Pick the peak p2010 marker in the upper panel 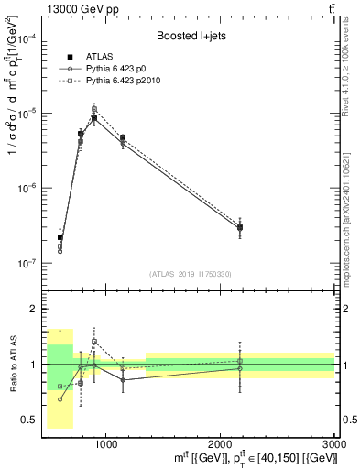click(x=94, y=109)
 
